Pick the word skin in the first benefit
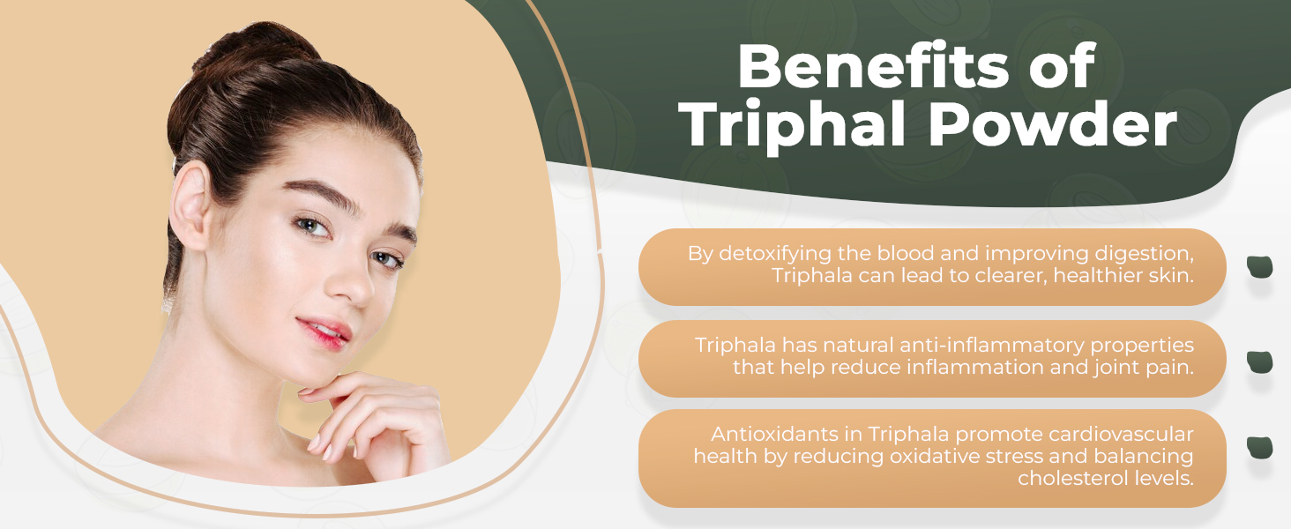click(1172, 275)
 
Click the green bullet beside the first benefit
click(1259, 267)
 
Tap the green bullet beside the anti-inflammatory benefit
click(1259, 361)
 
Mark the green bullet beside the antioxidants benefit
click(1259, 448)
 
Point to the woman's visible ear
click(191, 205)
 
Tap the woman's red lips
click(324, 334)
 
